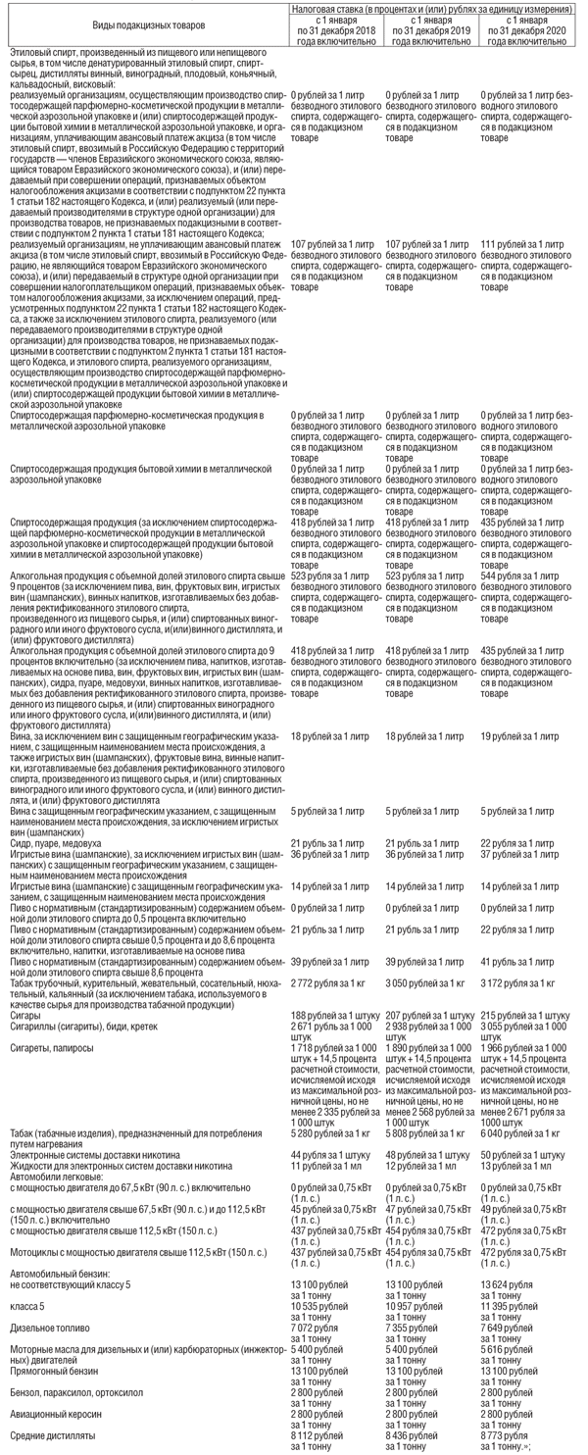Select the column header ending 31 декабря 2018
pyautogui.click(x=336, y=30)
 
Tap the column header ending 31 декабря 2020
pyautogui.click(x=528, y=30)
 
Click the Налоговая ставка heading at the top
pyautogui.click(x=432, y=7)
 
